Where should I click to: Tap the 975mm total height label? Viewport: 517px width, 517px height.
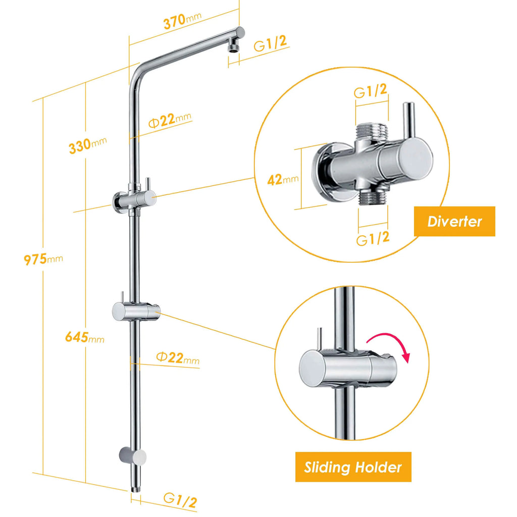tap(43, 260)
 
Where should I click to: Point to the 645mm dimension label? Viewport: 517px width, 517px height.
tap(84, 337)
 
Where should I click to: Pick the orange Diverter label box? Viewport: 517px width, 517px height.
tap(454, 221)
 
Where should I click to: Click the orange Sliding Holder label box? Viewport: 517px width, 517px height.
tap(353, 467)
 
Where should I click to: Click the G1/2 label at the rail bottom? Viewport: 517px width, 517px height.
tap(180, 500)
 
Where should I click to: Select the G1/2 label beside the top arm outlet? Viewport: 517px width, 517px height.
tap(271, 44)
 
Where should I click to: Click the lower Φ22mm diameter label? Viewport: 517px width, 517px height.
tap(177, 358)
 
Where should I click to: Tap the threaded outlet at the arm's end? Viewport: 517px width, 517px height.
tap(233, 47)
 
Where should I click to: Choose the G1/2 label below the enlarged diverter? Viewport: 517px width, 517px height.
tap(373, 238)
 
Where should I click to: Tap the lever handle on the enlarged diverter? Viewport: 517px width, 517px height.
tap(408, 121)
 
